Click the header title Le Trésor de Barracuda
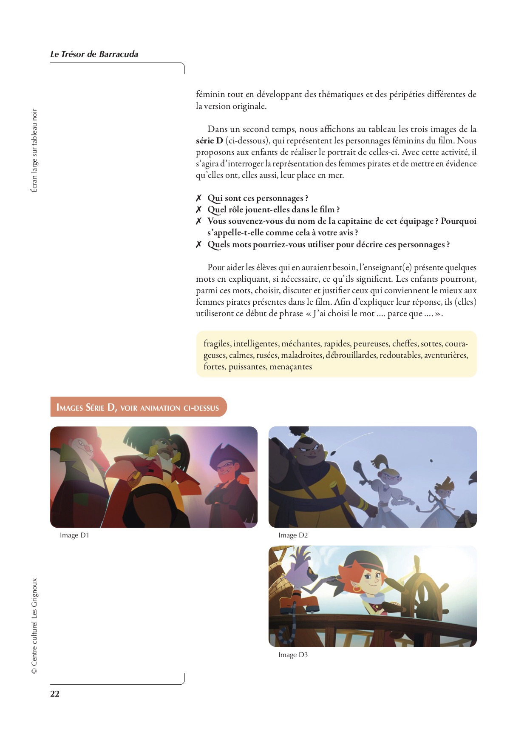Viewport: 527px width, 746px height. (x=94, y=54)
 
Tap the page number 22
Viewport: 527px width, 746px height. (x=55, y=694)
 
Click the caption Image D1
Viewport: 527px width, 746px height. (x=74, y=535)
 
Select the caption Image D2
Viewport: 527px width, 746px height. (x=293, y=535)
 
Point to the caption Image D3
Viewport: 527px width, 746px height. (x=293, y=655)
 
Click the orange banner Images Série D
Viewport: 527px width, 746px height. (x=138, y=407)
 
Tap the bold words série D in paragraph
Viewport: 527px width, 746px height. (x=210, y=141)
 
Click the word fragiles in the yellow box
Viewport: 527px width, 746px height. (x=217, y=344)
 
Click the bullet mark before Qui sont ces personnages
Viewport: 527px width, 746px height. (x=198, y=198)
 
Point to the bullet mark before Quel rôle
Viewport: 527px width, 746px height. (x=198, y=210)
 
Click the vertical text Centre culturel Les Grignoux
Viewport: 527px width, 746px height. (x=34, y=626)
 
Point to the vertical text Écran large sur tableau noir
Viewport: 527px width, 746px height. (x=34, y=151)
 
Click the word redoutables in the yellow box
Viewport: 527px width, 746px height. (x=400, y=355)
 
